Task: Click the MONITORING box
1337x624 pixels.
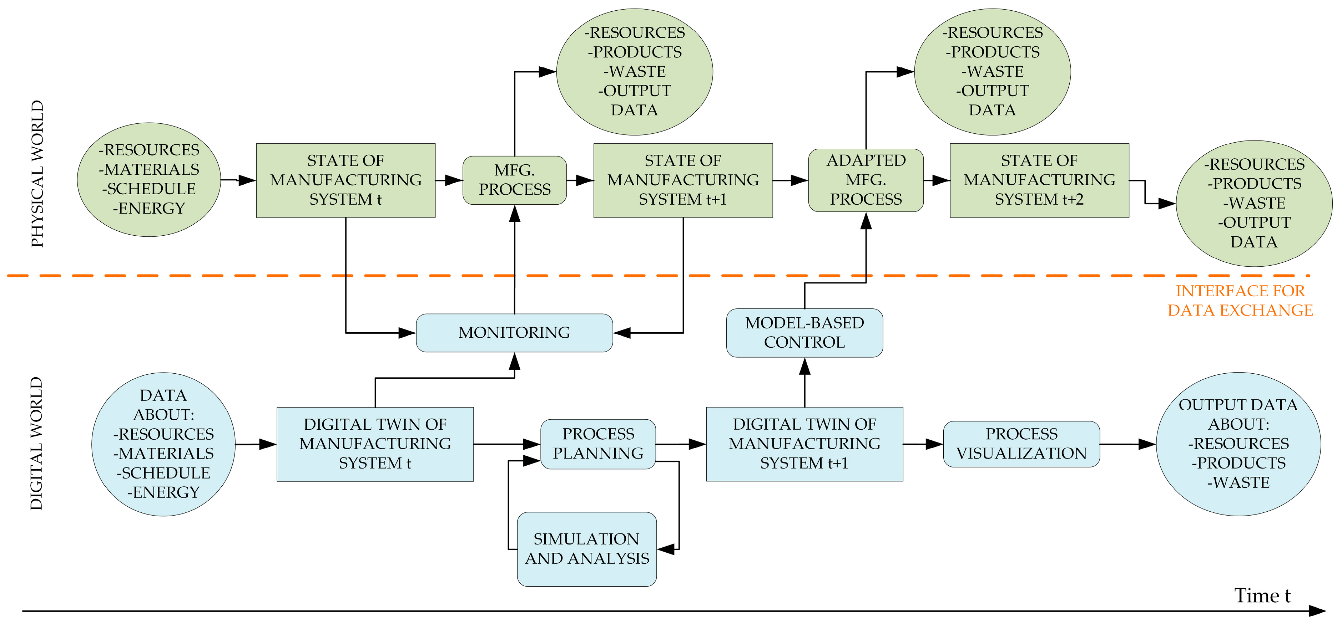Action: [514, 332]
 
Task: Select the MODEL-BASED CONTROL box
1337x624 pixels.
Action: [804, 332]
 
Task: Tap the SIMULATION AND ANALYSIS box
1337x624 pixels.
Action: [586, 549]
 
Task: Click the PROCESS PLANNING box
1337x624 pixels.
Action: [598, 444]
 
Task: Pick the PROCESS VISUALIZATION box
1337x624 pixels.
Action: [1021, 444]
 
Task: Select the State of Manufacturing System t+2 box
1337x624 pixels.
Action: [1039, 180]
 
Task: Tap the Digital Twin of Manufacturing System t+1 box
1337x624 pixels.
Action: [804, 444]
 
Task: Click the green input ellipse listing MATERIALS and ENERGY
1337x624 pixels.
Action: [149, 179]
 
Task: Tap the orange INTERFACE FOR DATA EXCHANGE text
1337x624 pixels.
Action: [1240, 300]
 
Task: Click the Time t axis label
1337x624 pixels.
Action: [1261, 595]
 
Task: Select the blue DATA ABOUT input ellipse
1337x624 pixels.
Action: [163, 444]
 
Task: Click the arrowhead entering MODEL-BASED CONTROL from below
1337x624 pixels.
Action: [804, 366]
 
